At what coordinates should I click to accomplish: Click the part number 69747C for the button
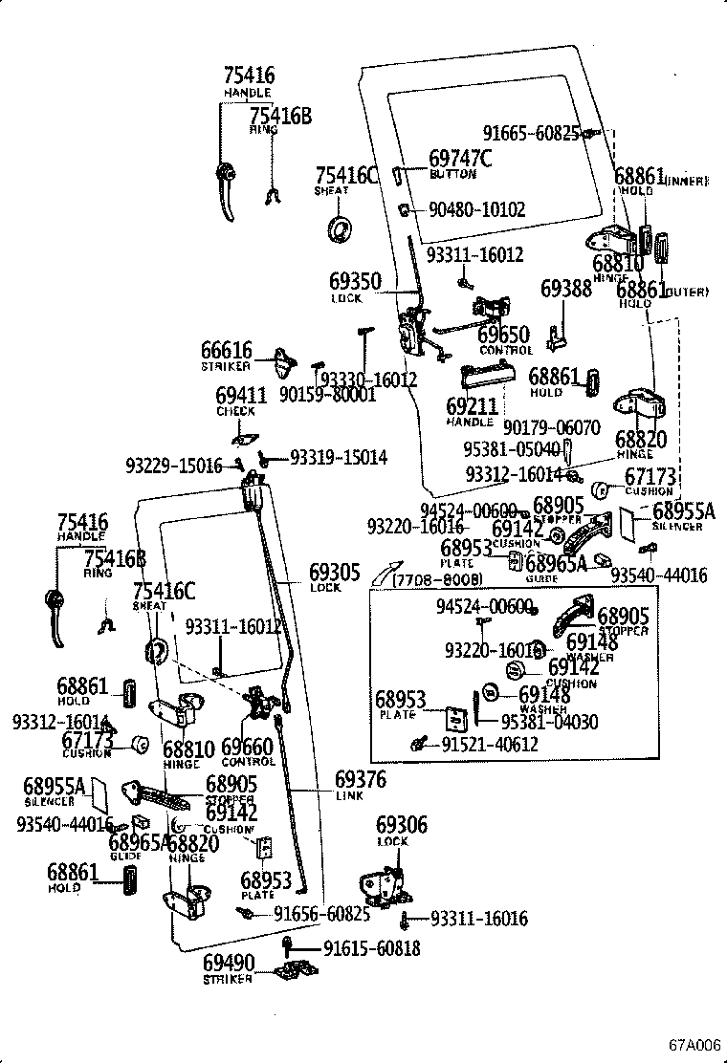click(x=460, y=158)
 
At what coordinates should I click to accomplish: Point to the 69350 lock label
click(x=356, y=282)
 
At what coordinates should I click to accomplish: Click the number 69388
click(x=566, y=288)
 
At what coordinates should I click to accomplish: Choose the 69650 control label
click(x=503, y=336)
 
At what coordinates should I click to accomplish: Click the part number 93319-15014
click(x=339, y=459)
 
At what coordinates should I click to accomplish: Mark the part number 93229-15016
click(x=173, y=466)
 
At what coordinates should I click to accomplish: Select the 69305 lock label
click(x=334, y=573)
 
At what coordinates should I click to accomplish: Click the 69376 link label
click(x=361, y=780)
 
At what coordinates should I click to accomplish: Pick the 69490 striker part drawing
click(x=295, y=971)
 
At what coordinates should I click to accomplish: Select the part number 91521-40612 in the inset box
click(x=490, y=744)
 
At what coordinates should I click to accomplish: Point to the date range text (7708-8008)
click(x=436, y=580)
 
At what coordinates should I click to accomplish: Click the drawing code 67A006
click(x=694, y=1044)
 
